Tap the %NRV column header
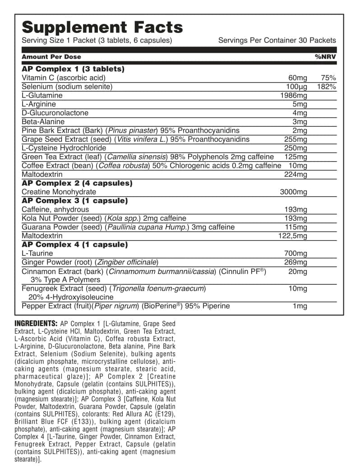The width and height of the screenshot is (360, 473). point(325,57)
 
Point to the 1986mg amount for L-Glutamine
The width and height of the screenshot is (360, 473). point(294,96)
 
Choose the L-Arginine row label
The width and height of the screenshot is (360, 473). point(39,104)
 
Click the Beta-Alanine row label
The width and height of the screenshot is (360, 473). point(43,122)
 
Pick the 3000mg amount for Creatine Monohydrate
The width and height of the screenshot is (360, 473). point(294,192)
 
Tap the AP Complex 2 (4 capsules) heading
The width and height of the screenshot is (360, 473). point(77,183)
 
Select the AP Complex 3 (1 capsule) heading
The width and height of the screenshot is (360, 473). point(75,201)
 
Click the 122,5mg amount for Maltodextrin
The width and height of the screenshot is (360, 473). point(292,236)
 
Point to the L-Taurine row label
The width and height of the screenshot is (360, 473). point(37,254)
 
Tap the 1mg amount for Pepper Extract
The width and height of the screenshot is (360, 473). point(300,306)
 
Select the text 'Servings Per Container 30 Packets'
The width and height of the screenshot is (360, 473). point(277,40)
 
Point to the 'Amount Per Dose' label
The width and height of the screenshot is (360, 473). point(51,57)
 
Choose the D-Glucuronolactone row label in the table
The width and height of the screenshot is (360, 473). point(55,113)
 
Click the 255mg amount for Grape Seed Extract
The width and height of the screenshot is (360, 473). point(296,139)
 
